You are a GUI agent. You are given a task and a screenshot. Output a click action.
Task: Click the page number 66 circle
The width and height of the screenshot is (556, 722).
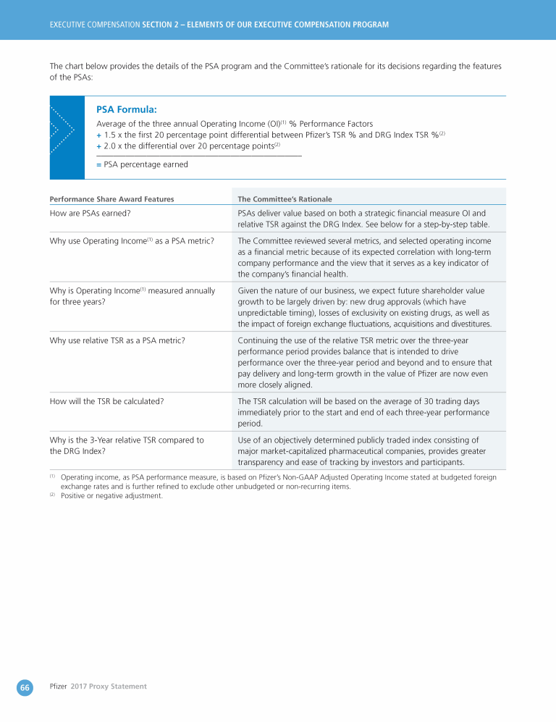click(25, 687)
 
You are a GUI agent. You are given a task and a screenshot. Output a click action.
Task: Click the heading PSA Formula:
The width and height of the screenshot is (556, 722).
click(126, 109)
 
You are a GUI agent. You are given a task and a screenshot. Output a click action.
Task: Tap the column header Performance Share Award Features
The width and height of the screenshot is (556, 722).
click(111, 199)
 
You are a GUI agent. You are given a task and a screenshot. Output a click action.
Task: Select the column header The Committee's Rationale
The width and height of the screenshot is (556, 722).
click(285, 199)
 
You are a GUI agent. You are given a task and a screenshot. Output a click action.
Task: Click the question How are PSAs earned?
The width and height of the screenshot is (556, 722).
click(90, 213)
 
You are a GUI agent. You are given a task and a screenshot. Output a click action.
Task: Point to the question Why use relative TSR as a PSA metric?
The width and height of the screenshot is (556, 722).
click(117, 339)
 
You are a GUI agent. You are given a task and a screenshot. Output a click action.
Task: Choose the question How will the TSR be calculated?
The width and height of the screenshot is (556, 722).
click(106, 401)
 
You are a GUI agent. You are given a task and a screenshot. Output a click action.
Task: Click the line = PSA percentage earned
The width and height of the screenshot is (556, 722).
click(142, 164)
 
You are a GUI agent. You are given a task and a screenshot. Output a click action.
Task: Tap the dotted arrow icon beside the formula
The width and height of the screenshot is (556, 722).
click(62, 130)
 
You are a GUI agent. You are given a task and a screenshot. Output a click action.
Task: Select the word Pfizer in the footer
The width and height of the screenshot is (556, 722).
click(58, 687)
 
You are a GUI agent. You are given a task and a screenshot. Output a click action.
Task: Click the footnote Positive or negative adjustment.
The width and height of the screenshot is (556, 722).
click(111, 496)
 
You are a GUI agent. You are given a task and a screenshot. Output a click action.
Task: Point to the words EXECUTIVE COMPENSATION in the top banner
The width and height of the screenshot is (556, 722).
click(94, 25)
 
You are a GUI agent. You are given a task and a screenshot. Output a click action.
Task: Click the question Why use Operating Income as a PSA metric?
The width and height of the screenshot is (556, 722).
click(131, 241)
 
